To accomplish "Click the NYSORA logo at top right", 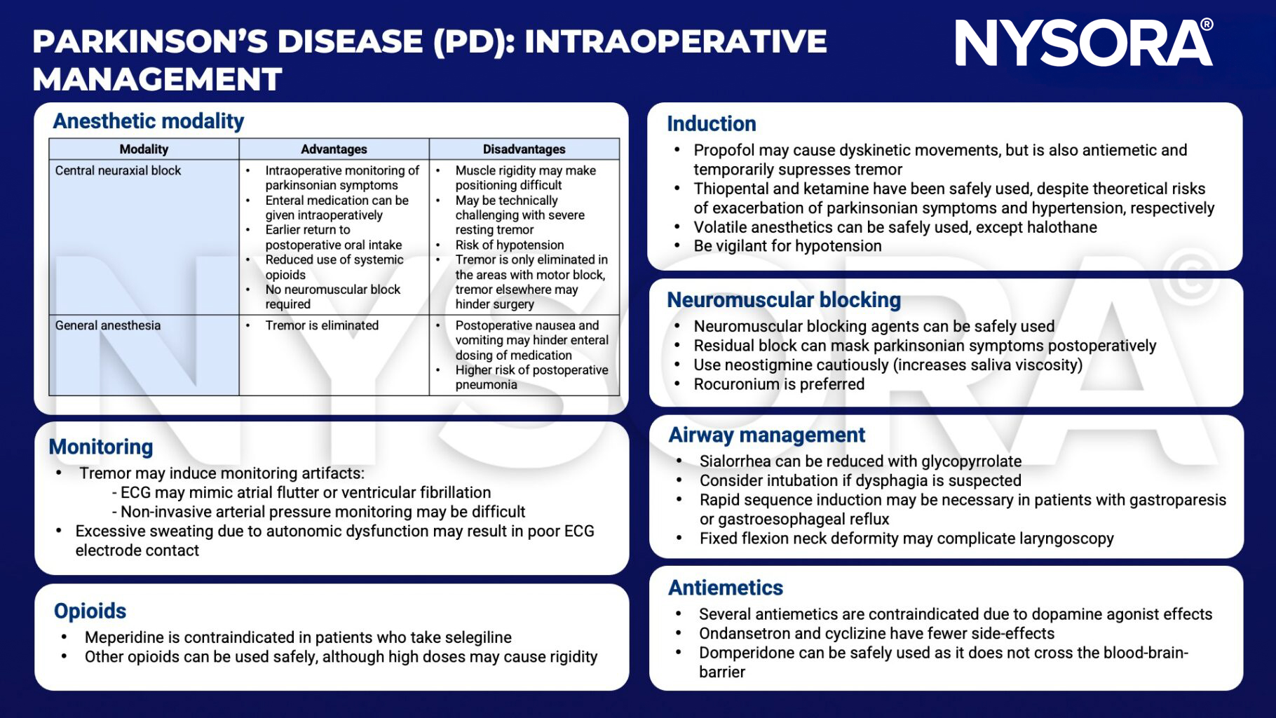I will (1083, 43).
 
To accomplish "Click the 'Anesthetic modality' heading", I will (148, 121).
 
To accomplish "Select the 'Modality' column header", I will (144, 149).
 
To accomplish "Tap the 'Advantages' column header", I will (334, 149).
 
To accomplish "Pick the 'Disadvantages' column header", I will (524, 149).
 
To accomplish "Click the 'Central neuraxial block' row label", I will (118, 170).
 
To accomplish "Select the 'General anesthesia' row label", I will (108, 325).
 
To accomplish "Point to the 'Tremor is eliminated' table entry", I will (322, 325).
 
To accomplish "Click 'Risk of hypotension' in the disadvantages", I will (510, 245).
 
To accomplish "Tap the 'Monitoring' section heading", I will (101, 447).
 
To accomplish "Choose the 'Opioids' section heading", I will (90, 611).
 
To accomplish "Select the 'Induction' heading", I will (711, 124).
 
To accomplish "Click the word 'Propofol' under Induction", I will (724, 150).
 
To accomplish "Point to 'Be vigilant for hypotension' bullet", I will (787, 246).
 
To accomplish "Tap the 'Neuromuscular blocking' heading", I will (783, 300).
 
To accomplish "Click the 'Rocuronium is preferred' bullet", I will (779, 384).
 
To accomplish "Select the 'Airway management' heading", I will (766, 435).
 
